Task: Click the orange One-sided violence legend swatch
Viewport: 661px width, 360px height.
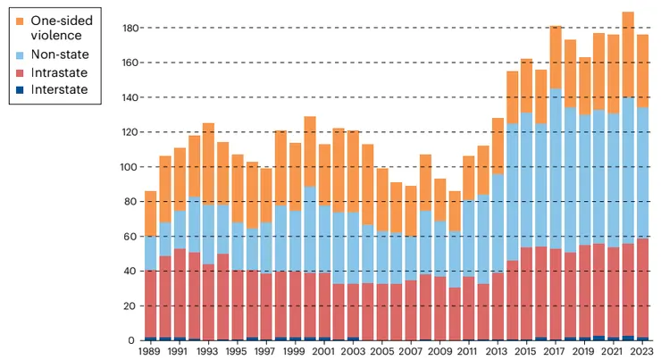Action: [21, 20]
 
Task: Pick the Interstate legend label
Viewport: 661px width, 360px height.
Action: [61, 90]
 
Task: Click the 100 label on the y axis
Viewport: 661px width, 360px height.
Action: [130, 167]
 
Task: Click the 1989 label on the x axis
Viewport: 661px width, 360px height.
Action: [151, 352]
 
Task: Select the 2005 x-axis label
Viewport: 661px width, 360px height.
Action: [383, 352]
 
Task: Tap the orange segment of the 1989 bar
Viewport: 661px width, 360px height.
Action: [151, 213]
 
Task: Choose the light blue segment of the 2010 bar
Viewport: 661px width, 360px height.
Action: [455, 260]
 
